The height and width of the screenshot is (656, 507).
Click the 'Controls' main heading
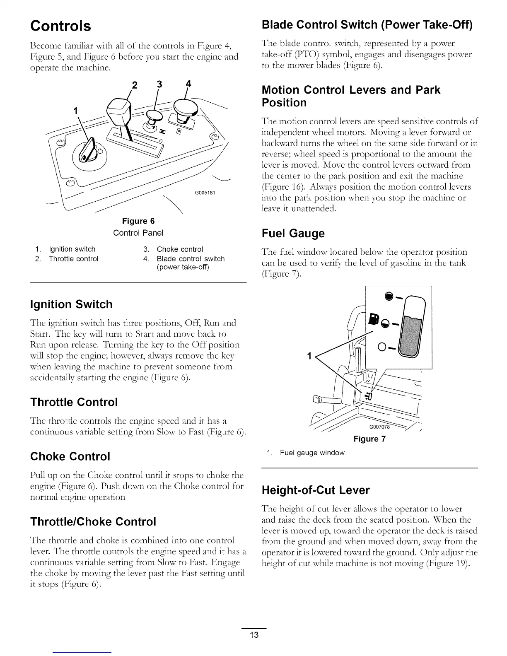coord(60,26)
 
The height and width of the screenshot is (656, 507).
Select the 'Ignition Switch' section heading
coord(71,304)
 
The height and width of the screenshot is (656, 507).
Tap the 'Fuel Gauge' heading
coord(293,234)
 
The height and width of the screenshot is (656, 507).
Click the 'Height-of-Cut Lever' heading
coord(315,490)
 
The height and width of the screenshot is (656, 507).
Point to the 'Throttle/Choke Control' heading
coord(93,521)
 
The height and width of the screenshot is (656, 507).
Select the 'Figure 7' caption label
coord(369,439)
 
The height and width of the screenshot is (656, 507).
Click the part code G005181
coord(205,193)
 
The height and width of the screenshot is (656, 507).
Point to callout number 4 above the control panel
coord(188,83)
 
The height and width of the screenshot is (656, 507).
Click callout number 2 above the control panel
coord(134,86)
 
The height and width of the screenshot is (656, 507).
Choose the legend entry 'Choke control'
coord(179,249)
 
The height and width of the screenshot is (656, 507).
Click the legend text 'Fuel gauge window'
coord(312,453)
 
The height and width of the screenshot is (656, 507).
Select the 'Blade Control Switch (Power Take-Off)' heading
coord(367,25)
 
